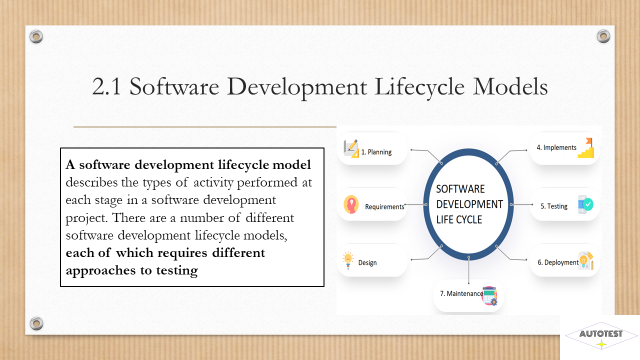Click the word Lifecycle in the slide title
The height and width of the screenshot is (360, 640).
tap(419, 87)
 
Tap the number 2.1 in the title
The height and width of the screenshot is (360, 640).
tap(106, 86)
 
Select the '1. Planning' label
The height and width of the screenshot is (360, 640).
tap(376, 152)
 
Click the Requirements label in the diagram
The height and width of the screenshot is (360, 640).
tap(384, 206)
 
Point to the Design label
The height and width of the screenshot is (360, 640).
tap(367, 262)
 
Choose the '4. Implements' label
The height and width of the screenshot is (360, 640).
tap(556, 147)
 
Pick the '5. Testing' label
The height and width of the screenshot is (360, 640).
tap(553, 206)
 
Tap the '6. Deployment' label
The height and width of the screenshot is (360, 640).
tap(557, 262)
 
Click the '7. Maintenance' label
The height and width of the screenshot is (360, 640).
tap(461, 293)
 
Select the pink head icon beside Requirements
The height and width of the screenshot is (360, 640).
tap(351, 204)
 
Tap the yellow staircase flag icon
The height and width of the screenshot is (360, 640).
tap(586, 147)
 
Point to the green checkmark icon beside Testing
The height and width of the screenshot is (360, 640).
tap(587, 204)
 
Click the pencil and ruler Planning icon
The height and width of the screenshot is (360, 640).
tap(351, 148)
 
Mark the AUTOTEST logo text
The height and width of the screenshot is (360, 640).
tap(601, 333)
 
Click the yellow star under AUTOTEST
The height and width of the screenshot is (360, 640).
tap(601, 344)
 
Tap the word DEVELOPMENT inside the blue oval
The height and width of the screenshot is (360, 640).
tap(469, 204)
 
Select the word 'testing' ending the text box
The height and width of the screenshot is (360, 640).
tap(177, 270)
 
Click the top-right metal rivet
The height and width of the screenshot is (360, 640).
tap(603, 36)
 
